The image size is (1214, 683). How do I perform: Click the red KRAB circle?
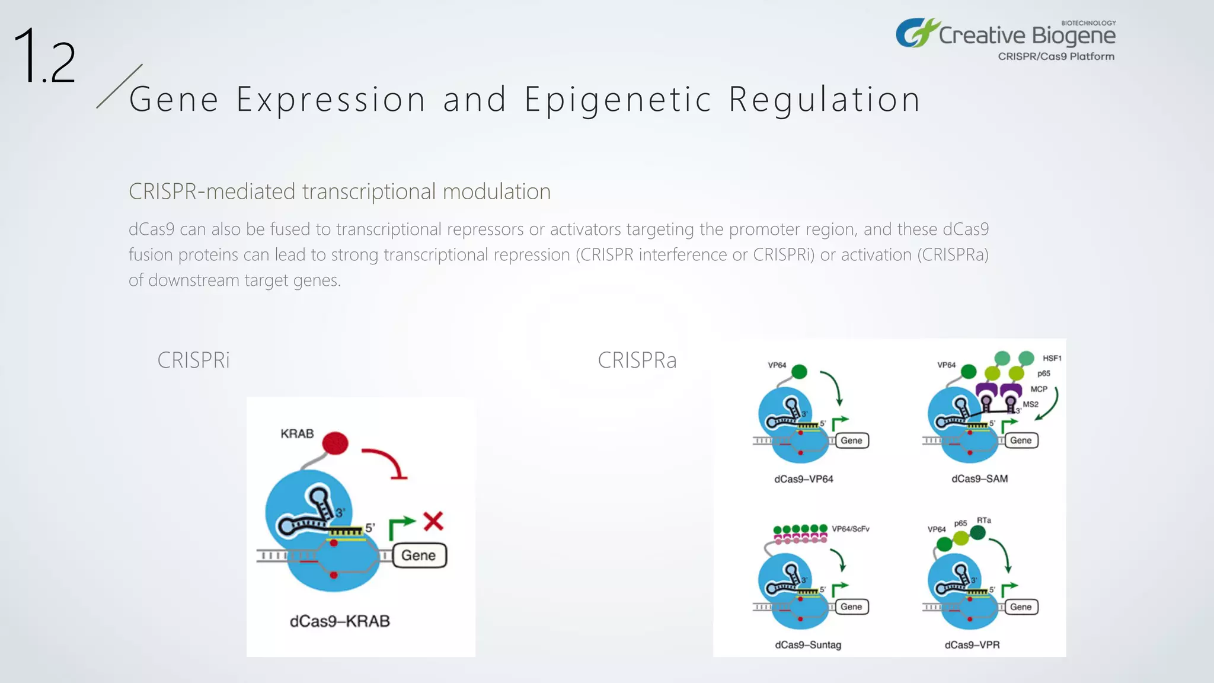[336, 443]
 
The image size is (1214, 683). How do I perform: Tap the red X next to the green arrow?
[433, 522]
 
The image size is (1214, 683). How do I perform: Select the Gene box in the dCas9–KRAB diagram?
[419, 556]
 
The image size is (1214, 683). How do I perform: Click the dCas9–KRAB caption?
[340, 621]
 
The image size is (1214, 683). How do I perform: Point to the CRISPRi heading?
[193, 360]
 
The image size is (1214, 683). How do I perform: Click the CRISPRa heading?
[637, 360]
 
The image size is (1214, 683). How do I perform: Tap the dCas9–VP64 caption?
[803, 479]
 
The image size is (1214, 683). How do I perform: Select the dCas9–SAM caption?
[979, 479]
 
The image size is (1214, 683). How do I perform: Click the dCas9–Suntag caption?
[808, 645]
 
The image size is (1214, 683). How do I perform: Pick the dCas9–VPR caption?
[972, 645]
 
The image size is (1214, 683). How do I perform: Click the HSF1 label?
[1052, 358]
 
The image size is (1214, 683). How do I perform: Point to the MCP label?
[1039, 389]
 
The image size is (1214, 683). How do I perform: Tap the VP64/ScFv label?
[850, 529]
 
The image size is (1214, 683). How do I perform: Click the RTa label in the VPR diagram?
[984, 520]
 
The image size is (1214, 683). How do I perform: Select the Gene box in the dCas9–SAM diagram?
[1021, 441]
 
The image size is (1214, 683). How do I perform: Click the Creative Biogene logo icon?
[916, 33]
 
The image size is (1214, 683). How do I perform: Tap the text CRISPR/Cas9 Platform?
[1056, 56]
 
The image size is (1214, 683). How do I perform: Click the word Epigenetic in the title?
[618, 99]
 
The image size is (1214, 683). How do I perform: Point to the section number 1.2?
[44, 56]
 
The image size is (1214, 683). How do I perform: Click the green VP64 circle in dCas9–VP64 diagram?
[799, 372]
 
